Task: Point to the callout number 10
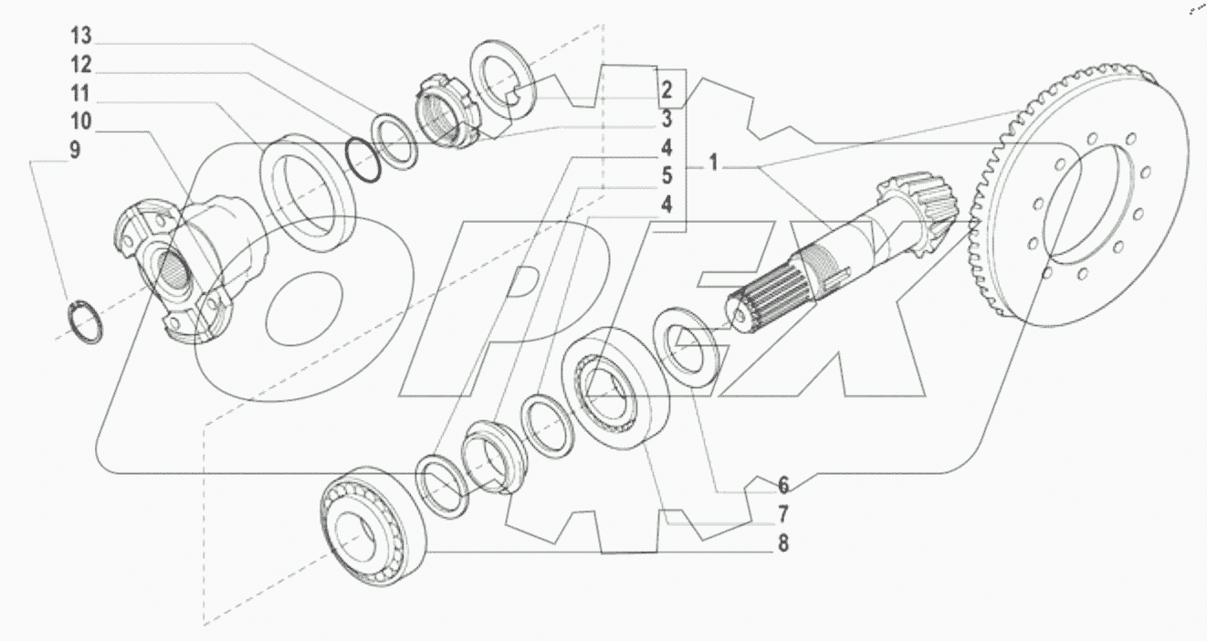(x=80, y=121)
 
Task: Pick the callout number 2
(x=667, y=89)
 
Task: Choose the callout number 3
(x=667, y=118)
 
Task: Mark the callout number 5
(x=667, y=174)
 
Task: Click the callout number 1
(x=714, y=165)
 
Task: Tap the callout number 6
(x=782, y=485)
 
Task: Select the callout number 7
(x=782, y=514)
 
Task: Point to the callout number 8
(x=782, y=543)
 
